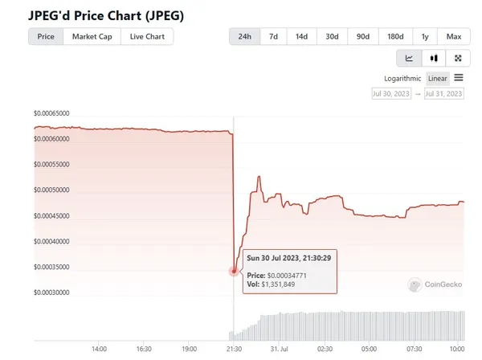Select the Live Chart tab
147,37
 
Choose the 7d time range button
274,37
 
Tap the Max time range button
454,37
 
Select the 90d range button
362,37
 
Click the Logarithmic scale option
403,78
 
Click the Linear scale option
438,78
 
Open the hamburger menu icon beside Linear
459,78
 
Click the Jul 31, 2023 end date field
444,94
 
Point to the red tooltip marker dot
234,271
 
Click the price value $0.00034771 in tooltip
288,276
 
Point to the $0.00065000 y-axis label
51,113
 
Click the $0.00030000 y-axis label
51,292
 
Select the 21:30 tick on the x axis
233,350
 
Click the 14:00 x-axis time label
100,350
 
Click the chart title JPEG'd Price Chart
105,14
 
